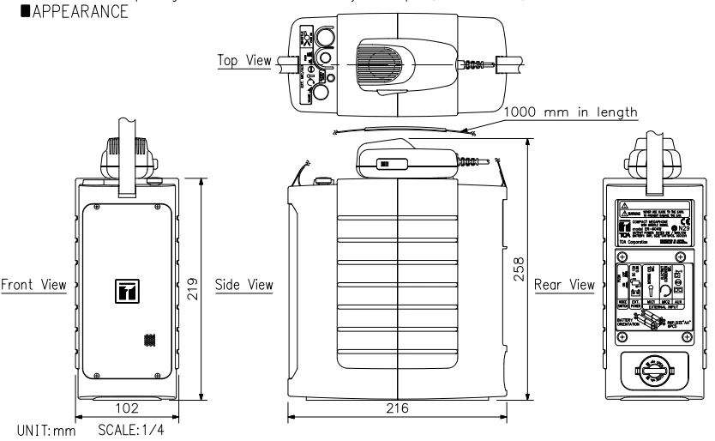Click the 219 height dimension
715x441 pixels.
193,284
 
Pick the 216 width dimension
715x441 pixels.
398,410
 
